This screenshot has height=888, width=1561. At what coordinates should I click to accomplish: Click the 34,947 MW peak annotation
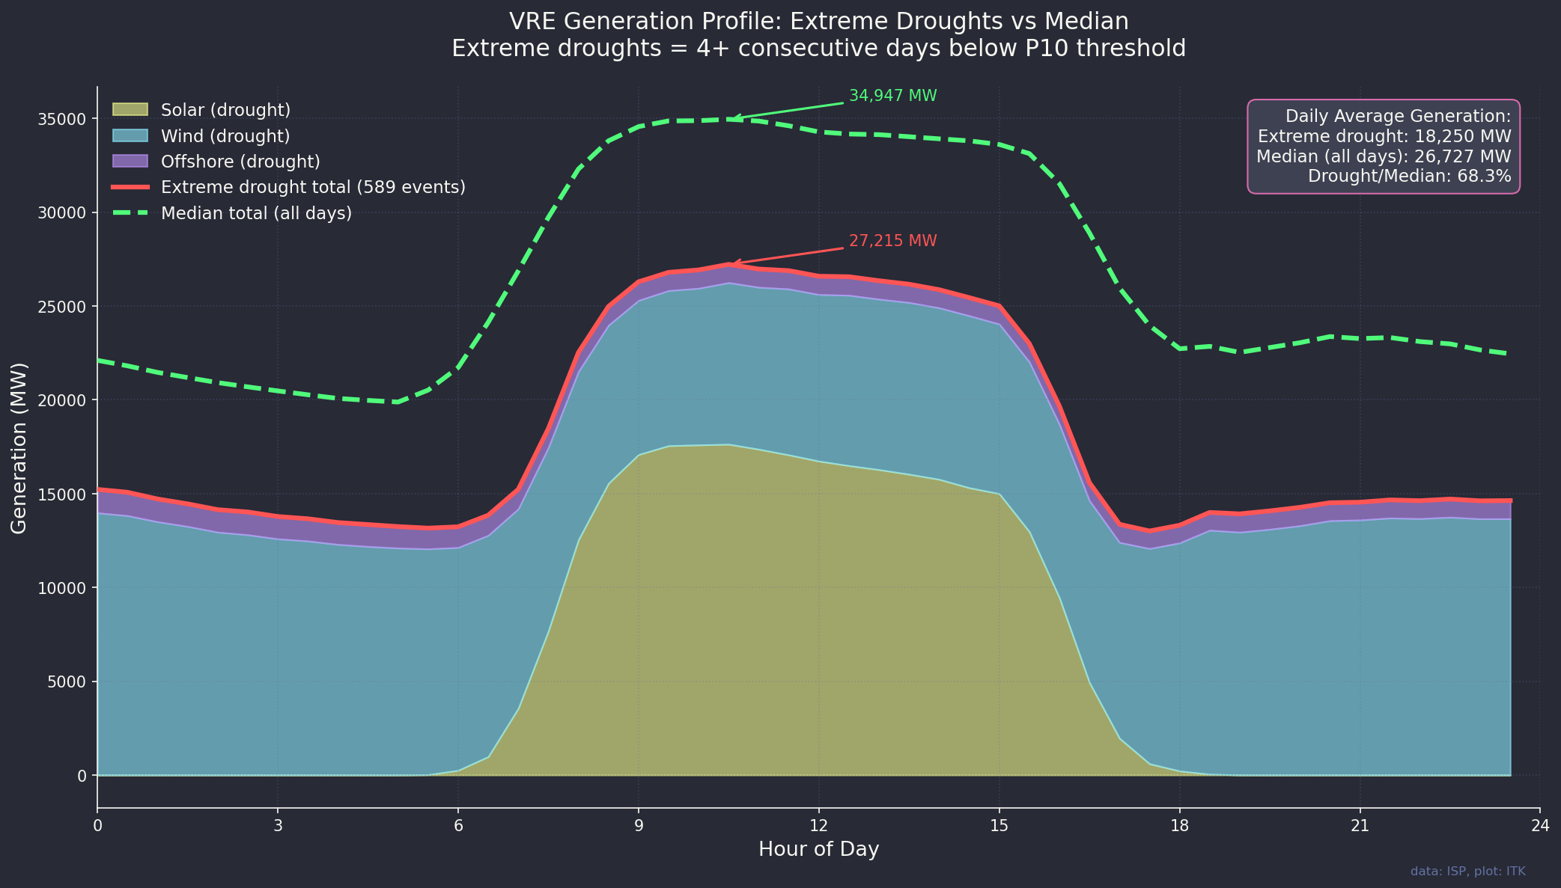click(x=892, y=97)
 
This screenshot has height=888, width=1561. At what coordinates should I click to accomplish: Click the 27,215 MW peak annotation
click(x=892, y=242)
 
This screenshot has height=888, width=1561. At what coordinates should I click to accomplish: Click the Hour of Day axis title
click(x=818, y=849)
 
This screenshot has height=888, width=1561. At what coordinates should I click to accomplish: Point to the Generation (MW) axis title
click(x=19, y=447)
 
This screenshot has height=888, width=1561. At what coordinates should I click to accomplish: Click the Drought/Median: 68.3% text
click(x=1409, y=177)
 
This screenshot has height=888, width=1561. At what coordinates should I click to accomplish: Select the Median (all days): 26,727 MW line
click(x=1384, y=156)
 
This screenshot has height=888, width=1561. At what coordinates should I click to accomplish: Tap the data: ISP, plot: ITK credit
click(x=1467, y=872)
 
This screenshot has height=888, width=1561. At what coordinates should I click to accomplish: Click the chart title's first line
click(x=818, y=21)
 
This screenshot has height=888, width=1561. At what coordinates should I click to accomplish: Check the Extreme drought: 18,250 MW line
click(x=1384, y=136)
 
